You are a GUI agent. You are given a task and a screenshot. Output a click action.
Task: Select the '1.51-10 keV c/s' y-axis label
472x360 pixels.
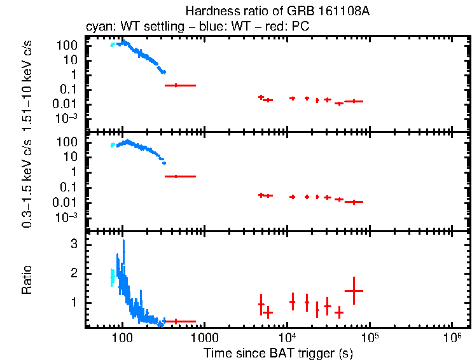tap(27, 85)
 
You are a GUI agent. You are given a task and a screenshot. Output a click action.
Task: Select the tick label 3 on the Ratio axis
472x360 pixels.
tap(74, 244)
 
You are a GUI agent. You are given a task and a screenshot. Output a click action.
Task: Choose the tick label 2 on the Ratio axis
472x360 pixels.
tap(74, 273)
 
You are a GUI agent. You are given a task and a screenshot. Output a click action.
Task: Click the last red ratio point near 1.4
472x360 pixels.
tap(353, 291)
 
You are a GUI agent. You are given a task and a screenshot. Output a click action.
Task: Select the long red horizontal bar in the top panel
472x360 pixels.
tap(180, 85)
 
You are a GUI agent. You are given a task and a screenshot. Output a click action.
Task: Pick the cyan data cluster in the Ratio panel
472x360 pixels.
tap(113, 277)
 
